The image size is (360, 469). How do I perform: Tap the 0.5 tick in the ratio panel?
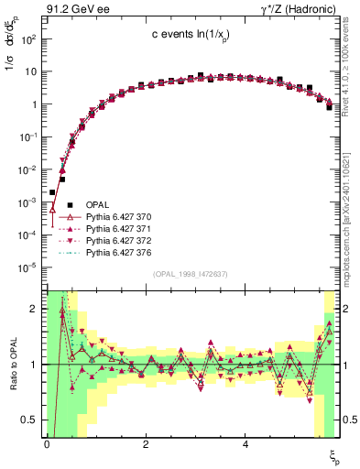pyautogui.click(x=30, y=420)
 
